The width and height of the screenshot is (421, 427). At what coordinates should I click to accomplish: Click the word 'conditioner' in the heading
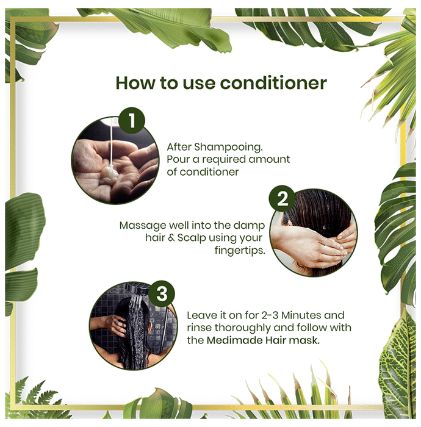click(x=273, y=83)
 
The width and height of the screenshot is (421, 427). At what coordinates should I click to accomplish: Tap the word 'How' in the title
click(x=135, y=83)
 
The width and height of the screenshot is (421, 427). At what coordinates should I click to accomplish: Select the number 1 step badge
click(x=132, y=121)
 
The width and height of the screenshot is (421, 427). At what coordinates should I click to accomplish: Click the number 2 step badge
click(x=282, y=199)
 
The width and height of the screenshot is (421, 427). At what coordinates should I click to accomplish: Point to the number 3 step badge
click(x=162, y=294)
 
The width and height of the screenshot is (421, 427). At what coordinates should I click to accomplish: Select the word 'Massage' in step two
click(x=143, y=226)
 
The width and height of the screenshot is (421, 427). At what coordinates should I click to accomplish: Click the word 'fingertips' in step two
click(x=240, y=250)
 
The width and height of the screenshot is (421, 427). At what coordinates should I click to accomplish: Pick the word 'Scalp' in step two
click(x=192, y=238)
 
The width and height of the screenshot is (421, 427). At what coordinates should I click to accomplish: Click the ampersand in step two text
click(x=171, y=238)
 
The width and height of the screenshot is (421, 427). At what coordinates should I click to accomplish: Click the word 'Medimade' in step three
click(x=234, y=340)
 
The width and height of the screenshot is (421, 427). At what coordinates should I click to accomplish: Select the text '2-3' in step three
click(x=270, y=315)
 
